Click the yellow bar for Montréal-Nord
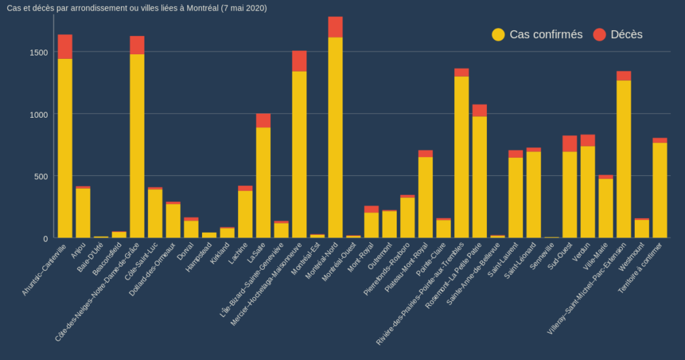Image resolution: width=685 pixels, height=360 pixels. tap(335, 137)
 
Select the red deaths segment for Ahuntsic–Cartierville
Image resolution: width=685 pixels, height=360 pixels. tap(65, 47)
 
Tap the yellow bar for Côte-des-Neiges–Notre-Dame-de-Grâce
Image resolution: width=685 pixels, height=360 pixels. tap(137, 146)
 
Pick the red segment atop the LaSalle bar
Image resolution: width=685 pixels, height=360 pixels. tap(264, 120)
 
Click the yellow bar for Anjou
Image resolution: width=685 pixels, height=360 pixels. tap(83, 213)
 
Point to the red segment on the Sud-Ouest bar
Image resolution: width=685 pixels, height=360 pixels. tap(570, 143)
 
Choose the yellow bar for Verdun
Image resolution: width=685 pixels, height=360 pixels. tap(588, 192)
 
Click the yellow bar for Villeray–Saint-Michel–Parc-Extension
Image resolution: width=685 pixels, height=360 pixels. tap(624, 159)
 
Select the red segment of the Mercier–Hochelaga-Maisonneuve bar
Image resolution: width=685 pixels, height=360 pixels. tap(299, 61)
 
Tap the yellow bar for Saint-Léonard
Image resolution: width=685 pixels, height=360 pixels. tap(534, 195)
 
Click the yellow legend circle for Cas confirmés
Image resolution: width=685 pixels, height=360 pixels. tap(498, 35)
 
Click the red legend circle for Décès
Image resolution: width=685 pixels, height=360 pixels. tap(599, 35)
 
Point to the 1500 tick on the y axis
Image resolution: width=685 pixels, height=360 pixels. tap(40, 52)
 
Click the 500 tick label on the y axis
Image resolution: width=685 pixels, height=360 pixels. tap(42, 176)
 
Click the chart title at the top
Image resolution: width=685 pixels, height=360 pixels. tap(136, 8)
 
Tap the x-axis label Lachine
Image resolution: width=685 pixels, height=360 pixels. tap(238, 254)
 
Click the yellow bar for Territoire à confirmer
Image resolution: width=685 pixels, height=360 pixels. tap(660, 190)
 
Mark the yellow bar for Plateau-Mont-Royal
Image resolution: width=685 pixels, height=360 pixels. tap(425, 197)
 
